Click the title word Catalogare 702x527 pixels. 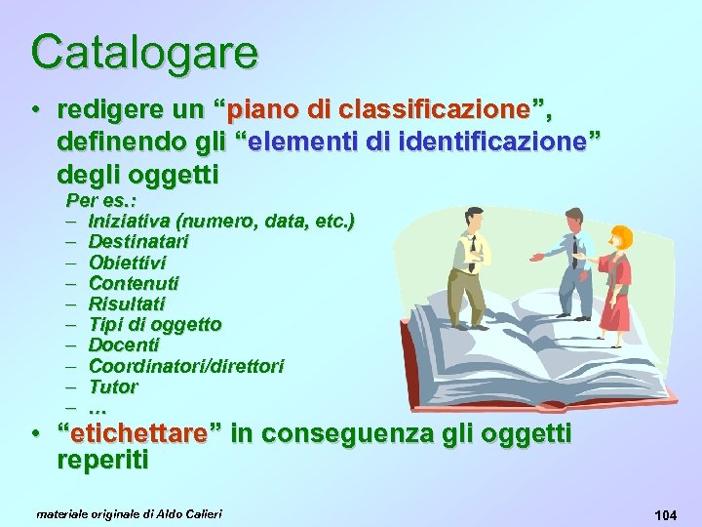(x=144, y=52)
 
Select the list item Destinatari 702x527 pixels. (x=138, y=241)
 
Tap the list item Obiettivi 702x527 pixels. (x=127, y=262)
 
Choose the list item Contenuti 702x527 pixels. (x=134, y=283)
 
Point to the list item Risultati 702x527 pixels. (x=127, y=304)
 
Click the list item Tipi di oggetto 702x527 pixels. (x=155, y=324)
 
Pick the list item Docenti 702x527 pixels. (x=124, y=345)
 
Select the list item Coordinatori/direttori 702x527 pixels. (x=186, y=366)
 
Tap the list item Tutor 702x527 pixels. (x=113, y=386)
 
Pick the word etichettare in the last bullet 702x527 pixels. (x=132, y=433)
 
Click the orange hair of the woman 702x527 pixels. (x=620, y=236)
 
